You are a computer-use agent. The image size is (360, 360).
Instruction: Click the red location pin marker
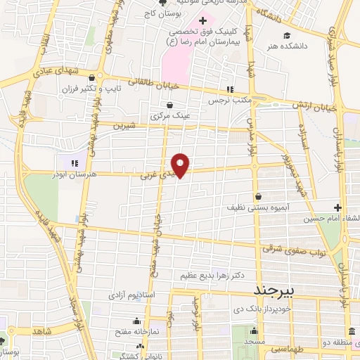[x=181, y=165]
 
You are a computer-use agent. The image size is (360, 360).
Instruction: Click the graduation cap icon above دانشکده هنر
[x=286, y=35]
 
